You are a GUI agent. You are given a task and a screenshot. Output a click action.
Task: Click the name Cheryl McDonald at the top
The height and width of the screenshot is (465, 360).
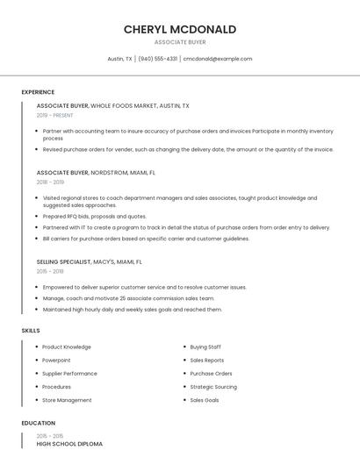[x=179, y=29]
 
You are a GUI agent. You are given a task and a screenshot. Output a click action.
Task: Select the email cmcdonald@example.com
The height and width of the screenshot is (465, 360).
[x=218, y=59]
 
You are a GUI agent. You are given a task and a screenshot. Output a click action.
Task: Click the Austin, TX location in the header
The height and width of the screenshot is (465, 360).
[x=119, y=59]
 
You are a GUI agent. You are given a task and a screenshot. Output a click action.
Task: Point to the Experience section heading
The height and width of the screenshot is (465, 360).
[x=38, y=92]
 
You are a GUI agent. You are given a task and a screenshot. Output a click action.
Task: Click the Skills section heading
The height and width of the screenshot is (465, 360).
[x=31, y=330]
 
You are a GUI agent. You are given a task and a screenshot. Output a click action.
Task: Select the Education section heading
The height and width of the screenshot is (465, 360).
[x=37, y=423]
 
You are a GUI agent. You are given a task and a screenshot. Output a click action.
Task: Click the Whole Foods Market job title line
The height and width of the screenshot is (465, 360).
[x=112, y=105]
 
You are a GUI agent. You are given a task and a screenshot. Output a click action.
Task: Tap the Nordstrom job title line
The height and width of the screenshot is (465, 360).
[x=96, y=173]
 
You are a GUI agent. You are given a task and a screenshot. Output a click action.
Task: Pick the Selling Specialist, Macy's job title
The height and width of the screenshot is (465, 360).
[x=89, y=261]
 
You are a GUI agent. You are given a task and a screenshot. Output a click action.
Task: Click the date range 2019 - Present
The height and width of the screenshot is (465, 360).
[x=54, y=115]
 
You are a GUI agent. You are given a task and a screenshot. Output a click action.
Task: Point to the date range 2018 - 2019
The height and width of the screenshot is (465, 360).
[x=50, y=182]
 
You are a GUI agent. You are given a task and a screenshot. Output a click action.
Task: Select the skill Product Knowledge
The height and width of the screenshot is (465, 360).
[x=67, y=347]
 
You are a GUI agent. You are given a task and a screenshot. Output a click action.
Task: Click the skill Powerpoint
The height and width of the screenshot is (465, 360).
[x=56, y=360]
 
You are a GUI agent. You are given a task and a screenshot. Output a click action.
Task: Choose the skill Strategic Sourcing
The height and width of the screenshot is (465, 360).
[x=213, y=387]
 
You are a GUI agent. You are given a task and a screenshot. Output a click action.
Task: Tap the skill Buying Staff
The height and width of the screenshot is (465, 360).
[x=205, y=347]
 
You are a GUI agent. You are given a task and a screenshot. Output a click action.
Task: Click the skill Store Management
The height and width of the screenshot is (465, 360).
[x=67, y=400]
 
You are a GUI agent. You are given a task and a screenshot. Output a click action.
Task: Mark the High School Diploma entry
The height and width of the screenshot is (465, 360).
[x=69, y=444]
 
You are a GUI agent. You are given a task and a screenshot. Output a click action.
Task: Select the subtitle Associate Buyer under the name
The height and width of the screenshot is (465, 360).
[x=179, y=42]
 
